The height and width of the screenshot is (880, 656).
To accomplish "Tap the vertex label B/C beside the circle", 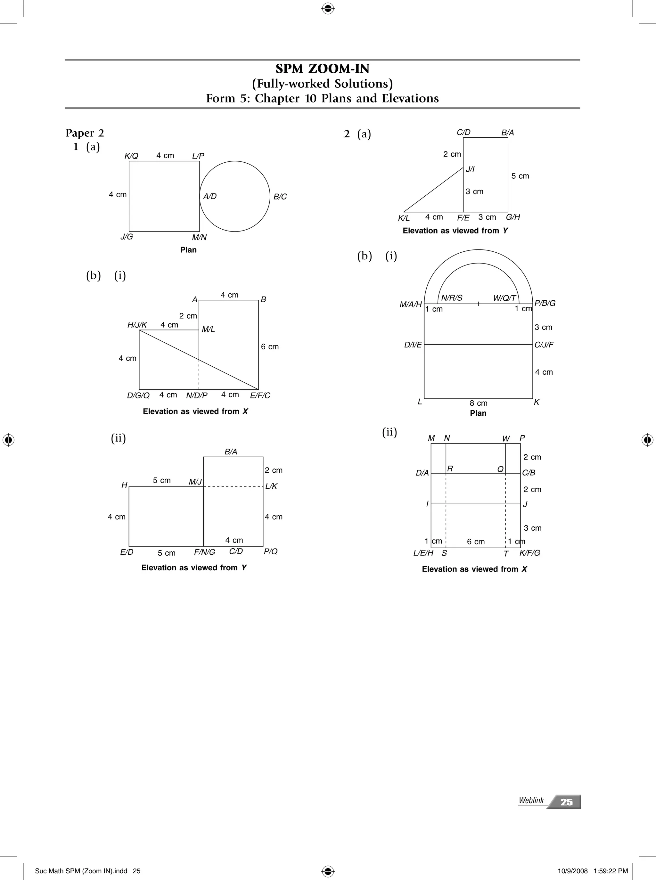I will point(280,197).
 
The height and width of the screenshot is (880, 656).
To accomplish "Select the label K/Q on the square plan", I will point(131,156).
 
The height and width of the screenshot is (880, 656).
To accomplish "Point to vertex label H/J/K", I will point(137,325).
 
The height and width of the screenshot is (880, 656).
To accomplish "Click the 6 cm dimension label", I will point(270,346).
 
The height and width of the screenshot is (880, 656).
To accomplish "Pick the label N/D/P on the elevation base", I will point(197,395).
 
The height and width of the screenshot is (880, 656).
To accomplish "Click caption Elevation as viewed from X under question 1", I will point(195,411).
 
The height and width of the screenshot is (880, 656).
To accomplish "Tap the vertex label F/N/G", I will point(204,552).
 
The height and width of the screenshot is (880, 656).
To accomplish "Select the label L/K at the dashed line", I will point(271,486).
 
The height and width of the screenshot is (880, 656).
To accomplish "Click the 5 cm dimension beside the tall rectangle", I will point(520,176).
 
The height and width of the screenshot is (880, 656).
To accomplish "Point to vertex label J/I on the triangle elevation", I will point(470,169).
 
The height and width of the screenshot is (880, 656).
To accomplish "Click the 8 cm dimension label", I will point(479,403).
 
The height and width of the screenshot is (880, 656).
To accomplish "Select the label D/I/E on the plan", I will point(413,345).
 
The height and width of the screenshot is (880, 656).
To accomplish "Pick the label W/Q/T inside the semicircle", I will point(504,298).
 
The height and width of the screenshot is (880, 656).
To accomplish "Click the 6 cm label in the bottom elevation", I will point(476,542).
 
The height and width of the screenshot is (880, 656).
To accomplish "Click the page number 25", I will point(566,802).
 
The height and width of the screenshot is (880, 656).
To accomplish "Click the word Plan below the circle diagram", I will point(188,250).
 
